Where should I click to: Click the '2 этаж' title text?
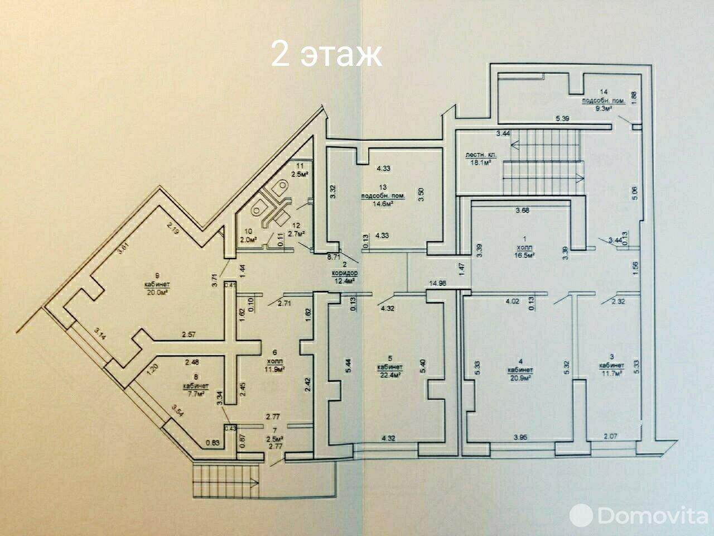[x=326, y=54]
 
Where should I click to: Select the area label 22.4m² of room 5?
[x=390, y=376]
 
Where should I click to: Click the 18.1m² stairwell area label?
[x=476, y=162]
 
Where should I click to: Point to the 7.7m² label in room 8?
[x=195, y=394]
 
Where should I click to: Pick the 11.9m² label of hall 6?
[x=273, y=369]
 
